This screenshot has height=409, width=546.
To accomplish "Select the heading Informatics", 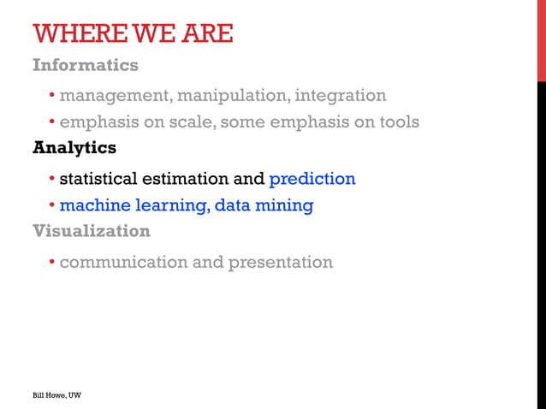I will pos(85,65).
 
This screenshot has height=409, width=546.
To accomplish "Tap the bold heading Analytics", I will pos(74,148).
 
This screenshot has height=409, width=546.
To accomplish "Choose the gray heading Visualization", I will pos(91,231).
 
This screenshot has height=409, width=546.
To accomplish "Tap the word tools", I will pos(396,122).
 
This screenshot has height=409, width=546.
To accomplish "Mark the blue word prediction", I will pos(312,179).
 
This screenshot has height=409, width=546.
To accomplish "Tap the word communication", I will pos(123,262).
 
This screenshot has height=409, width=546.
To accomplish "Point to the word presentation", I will pos(280,262).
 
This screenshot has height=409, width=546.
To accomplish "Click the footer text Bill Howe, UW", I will pos(56,395).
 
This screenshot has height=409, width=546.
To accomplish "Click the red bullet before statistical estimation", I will pos(51,180).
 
